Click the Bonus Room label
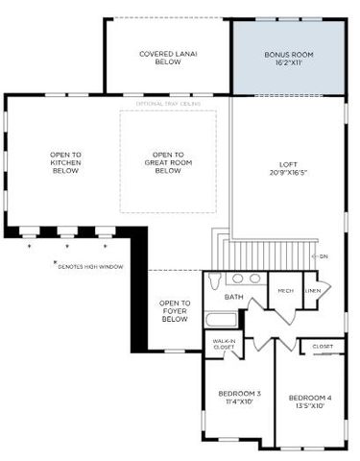click(289, 54)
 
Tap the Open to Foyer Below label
click(175, 310)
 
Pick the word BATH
click(233, 297)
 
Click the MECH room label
click(285, 291)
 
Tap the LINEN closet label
click(313, 291)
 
